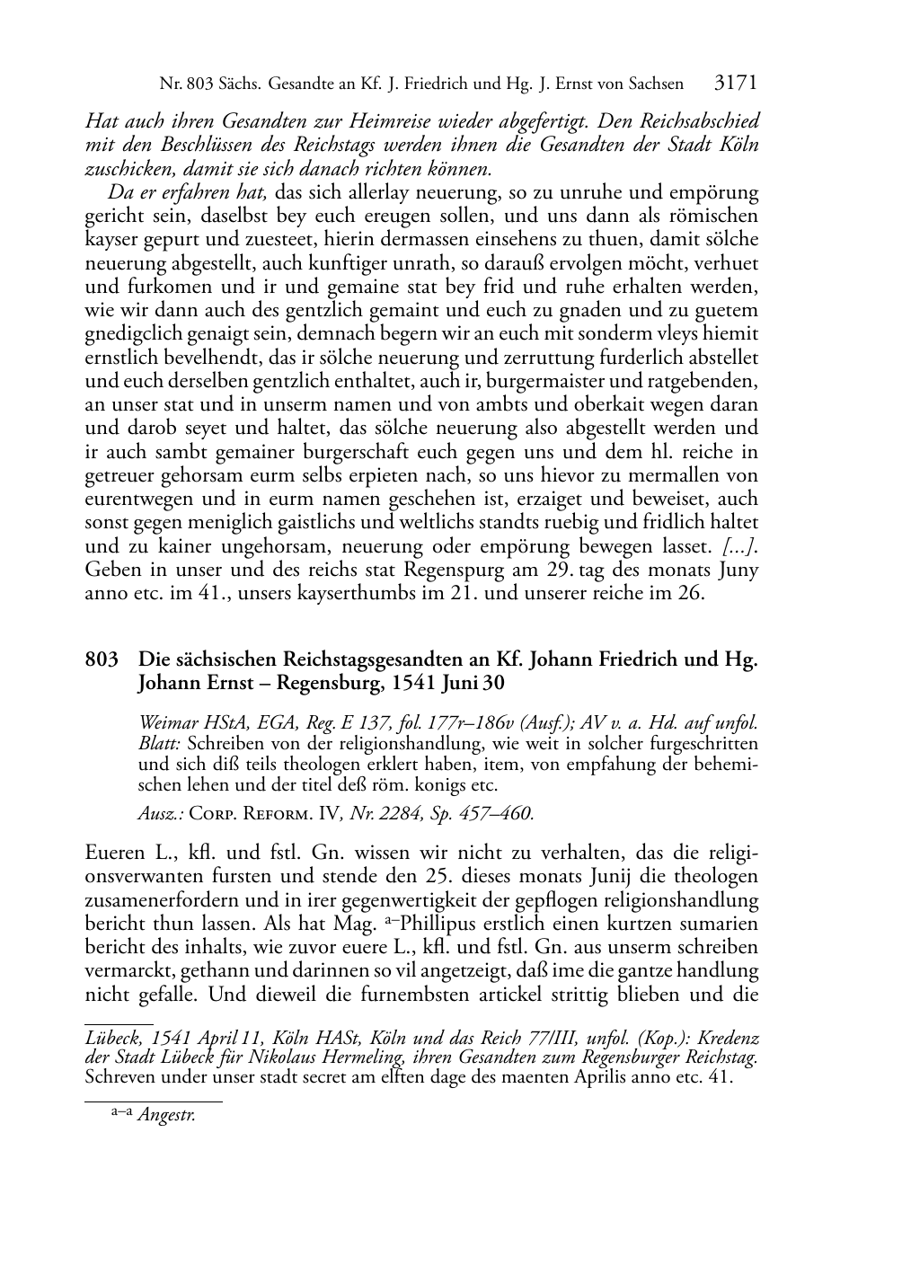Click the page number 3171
(x=736, y=84)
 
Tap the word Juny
(x=738, y=570)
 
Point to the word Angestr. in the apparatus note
(x=166, y=1117)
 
